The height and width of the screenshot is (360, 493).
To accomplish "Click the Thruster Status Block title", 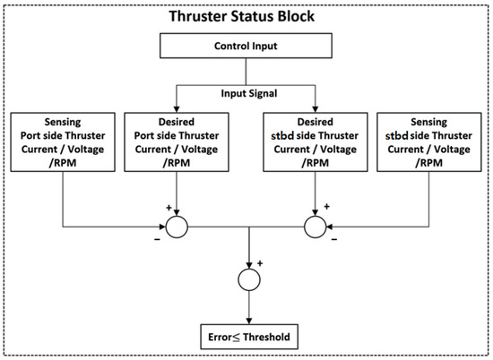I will [246, 14].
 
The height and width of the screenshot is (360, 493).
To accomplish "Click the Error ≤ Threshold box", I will [246, 336].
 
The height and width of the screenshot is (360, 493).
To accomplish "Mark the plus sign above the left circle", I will [168, 206].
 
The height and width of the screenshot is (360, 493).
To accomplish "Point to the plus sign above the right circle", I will [326, 206].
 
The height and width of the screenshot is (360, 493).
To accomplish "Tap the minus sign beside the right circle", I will [335, 240].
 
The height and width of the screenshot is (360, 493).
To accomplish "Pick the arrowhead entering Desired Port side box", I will [178, 107].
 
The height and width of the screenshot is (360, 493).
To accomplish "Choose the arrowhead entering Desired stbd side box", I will [316, 107].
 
